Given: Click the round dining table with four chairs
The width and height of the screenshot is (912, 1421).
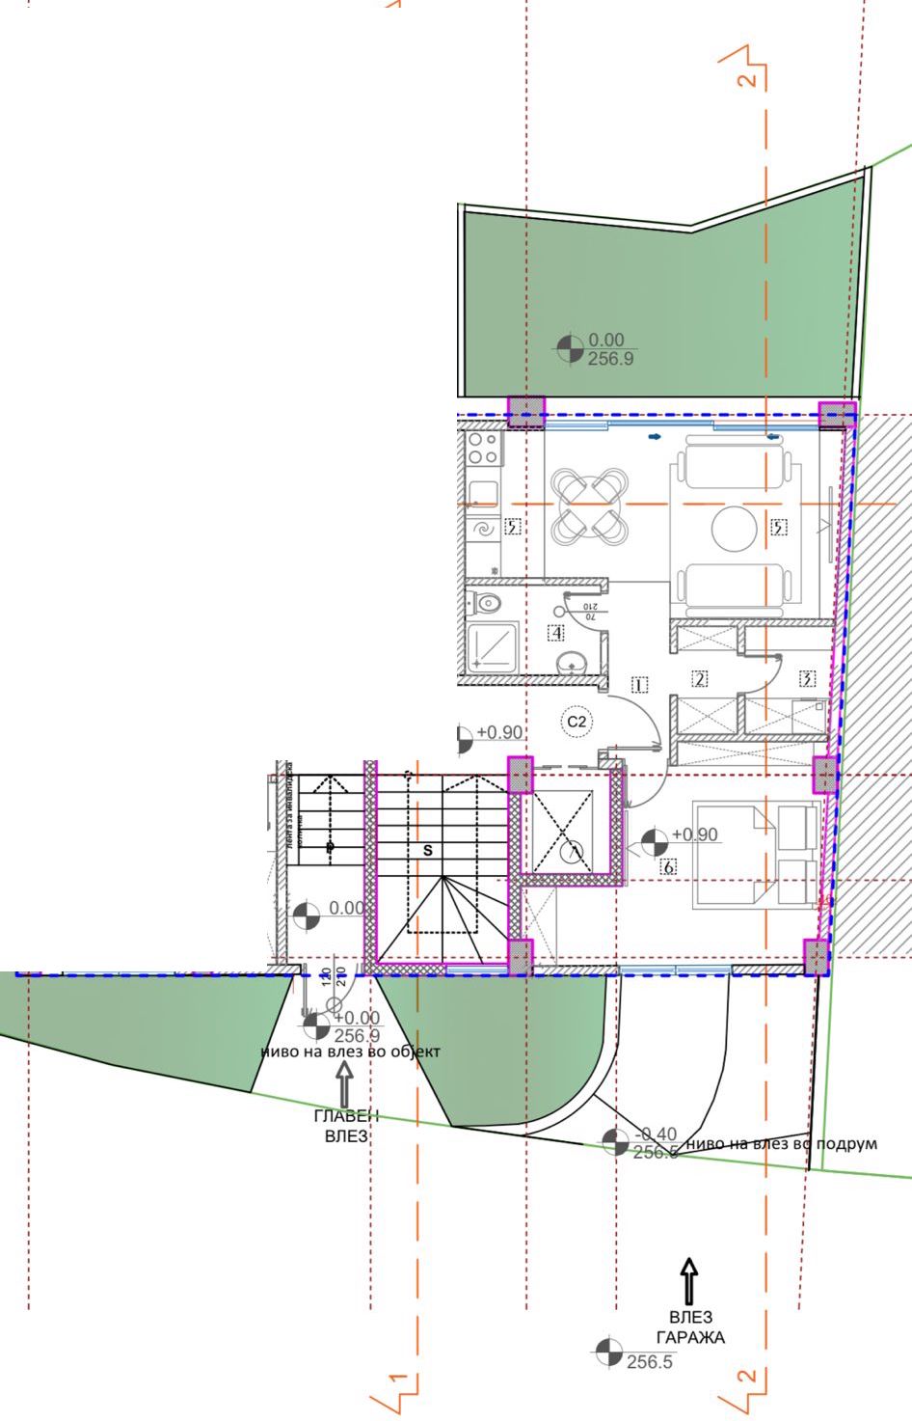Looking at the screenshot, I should (x=589, y=504).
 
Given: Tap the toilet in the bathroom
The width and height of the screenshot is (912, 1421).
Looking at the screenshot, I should (x=487, y=604).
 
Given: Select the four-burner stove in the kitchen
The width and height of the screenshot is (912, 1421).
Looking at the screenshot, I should (x=482, y=450).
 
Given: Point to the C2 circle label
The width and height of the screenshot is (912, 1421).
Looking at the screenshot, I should (x=577, y=721).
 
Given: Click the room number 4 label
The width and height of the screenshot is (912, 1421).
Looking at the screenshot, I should (x=555, y=633).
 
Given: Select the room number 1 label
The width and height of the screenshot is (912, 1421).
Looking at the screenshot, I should (x=638, y=686).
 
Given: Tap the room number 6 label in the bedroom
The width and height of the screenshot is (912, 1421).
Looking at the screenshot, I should (x=669, y=866).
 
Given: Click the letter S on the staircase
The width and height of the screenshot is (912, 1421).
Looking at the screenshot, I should (x=428, y=850).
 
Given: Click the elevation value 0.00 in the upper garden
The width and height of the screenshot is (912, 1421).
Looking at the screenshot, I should (x=606, y=340).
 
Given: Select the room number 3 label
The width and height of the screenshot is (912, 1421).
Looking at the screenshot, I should (x=808, y=678).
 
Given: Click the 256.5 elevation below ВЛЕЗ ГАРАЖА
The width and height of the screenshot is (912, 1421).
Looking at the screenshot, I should (x=649, y=1362).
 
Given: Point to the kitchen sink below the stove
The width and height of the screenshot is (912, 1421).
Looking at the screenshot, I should (x=481, y=493).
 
